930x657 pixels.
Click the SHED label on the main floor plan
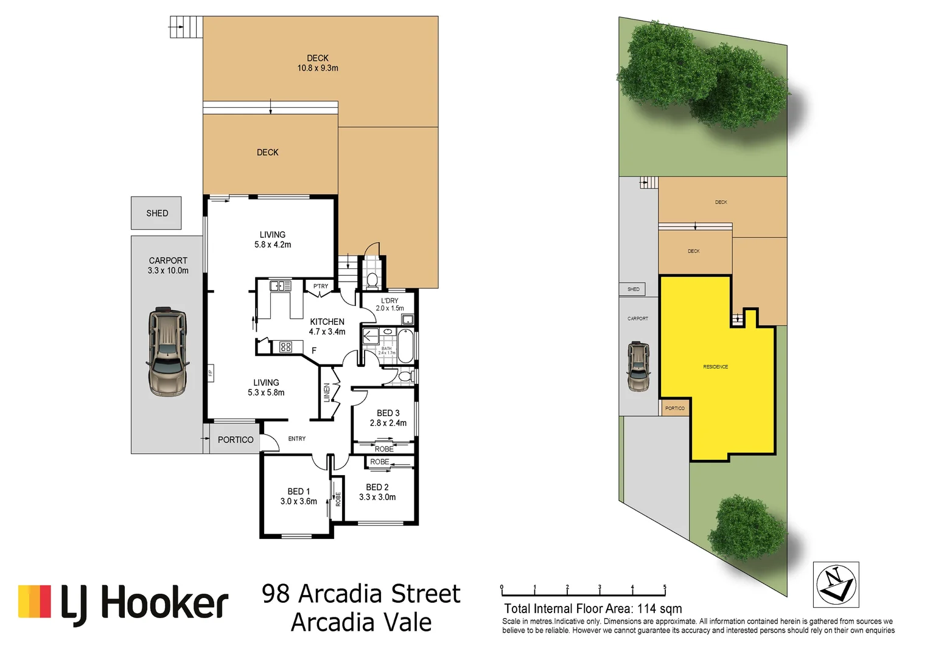[157, 214]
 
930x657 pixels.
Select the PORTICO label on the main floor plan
[236, 440]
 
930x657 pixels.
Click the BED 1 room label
[299, 492]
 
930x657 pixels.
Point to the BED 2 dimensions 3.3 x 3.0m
[377, 498]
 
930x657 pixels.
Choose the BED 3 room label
[388, 413]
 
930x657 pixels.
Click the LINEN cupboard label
[327, 392]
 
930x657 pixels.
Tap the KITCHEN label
[327, 322]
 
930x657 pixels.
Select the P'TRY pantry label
[321, 286]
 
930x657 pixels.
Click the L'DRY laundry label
[390, 301]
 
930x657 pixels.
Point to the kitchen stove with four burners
[285, 347]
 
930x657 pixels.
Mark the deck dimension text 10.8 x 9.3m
[318, 68]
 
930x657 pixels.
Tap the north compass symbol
[836, 585]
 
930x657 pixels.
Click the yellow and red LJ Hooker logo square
[35, 601]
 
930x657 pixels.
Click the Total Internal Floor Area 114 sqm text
[593, 608]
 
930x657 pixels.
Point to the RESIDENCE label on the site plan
[716, 367]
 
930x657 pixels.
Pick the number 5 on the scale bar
[665, 588]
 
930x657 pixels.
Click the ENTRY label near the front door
[297, 439]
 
